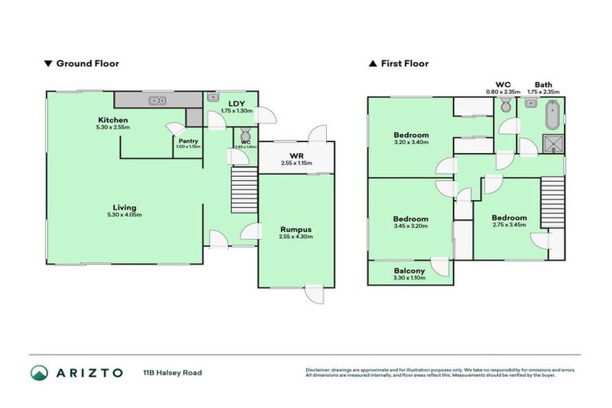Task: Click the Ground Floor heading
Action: coord(87,63)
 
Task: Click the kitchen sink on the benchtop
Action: coord(158,100)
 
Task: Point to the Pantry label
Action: coord(188,141)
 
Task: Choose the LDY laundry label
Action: coord(237,104)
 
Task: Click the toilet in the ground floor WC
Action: coord(245,133)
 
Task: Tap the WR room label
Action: coord(296,156)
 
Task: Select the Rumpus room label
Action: coord(295,229)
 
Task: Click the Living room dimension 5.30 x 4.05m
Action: coord(124,215)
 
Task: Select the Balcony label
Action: coord(410,271)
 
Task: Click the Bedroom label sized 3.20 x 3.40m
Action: coord(411,135)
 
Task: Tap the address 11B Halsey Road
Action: coord(173,372)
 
